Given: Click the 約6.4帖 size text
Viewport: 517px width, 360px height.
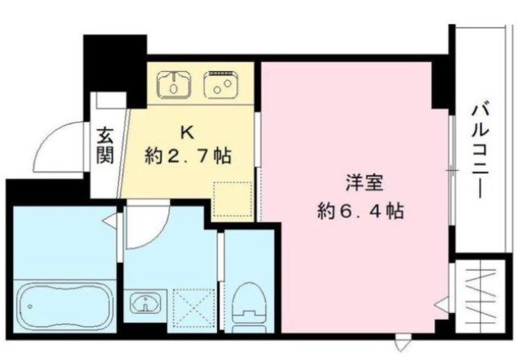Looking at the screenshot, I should [x=358, y=212].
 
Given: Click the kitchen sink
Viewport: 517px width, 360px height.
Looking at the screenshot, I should [x=174, y=82].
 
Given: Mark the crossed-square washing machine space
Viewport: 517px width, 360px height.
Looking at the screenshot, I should [x=193, y=305].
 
